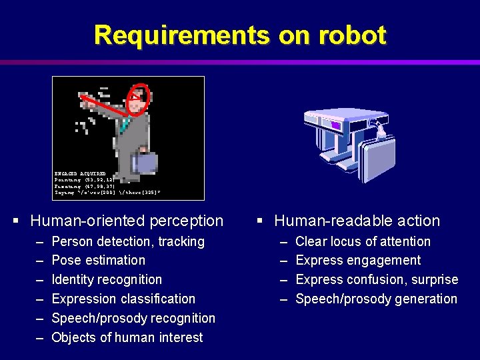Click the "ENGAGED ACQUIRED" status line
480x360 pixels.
click(x=80, y=173)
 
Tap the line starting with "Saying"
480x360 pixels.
click(x=107, y=193)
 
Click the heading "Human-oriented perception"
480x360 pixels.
click(x=127, y=221)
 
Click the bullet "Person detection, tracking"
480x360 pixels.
click(x=127, y=241)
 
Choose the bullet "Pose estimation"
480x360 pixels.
click(x=98, y=260)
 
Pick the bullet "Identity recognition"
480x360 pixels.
click(x=107, y=279)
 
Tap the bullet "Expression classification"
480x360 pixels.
click(x=123, y=299)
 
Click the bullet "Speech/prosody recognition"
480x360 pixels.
click(x=133, y=318)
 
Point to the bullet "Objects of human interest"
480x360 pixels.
click(x=127, y=337)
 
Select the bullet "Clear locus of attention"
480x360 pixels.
click(x=363, y=241)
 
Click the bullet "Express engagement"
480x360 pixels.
click(x=358, y=260)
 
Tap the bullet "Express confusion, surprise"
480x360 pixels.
click(x=377, y=279)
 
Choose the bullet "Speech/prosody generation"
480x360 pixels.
click(x=376, y=299)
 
